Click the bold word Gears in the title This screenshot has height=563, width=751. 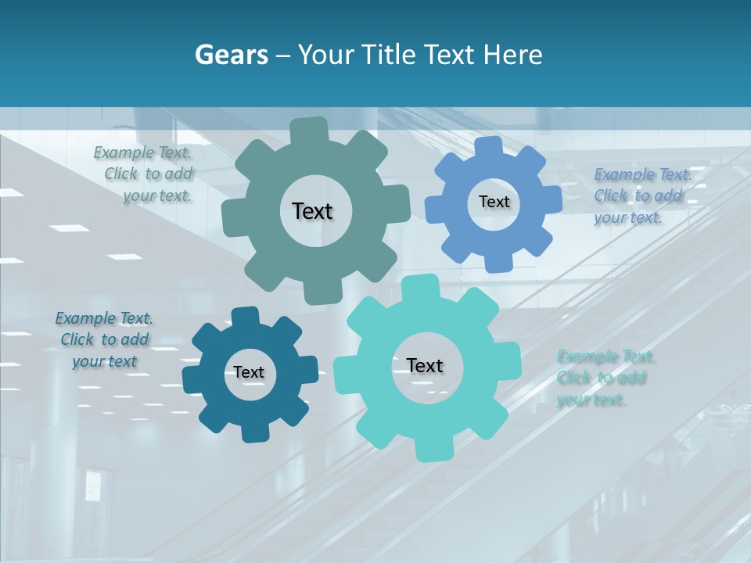coord(232,54)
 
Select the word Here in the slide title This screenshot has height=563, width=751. coord(513,54)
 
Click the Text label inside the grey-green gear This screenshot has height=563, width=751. coord(312,211)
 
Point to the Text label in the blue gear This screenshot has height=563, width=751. coord(494,202)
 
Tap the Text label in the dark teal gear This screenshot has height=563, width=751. coord(249,372)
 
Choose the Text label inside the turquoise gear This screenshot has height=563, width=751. coord(425,365)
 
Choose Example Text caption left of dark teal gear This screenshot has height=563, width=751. coord(104,339)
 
